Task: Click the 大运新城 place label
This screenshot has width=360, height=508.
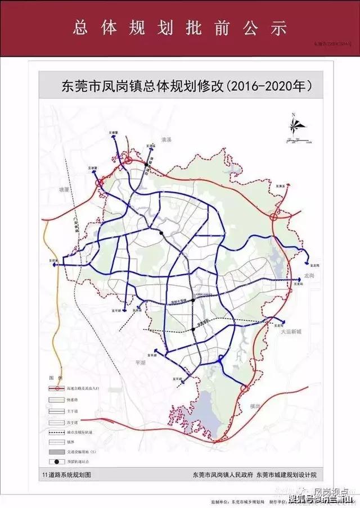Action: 292,332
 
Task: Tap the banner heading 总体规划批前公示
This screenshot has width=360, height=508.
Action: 181,28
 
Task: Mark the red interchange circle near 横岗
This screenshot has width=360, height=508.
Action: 244,388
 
